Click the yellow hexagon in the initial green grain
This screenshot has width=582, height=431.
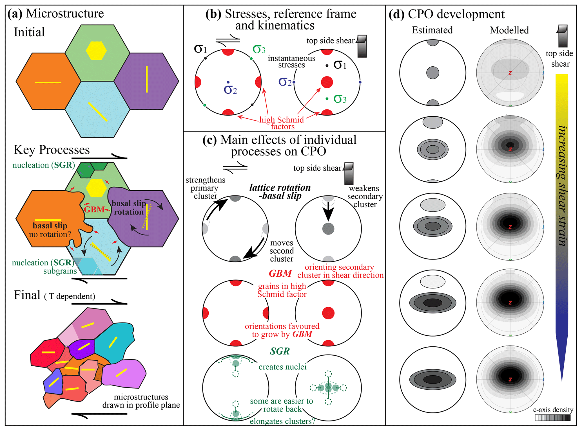tap(96, 51)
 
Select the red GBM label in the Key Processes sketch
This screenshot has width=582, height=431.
tap(94, 209)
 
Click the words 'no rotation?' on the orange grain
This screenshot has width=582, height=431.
tap(50, 234)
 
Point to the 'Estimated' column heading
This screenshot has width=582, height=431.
tap(432, 30)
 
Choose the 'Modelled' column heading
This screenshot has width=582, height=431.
tap(509, 30)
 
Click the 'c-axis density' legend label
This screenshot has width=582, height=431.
tap(553, 410)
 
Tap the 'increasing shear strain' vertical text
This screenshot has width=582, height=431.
tap(563, 186)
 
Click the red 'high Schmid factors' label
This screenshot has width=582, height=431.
tap(282, 123)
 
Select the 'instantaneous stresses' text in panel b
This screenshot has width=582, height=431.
tap(291, 62)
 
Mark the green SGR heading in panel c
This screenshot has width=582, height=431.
tap(280, 351)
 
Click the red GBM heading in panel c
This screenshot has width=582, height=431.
tap(280, 273)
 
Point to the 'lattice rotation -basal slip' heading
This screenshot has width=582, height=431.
tap(280, 191)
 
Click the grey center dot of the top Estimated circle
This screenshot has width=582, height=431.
tap(432, 73)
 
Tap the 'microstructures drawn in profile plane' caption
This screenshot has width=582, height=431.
tap(141, 401)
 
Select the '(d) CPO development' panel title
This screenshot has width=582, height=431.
tap(447, 14)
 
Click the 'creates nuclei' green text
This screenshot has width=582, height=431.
tap(282, 367)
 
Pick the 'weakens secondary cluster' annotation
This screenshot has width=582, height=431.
tap(365, 196)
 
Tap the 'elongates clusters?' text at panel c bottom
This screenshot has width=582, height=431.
tap(282, 421)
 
